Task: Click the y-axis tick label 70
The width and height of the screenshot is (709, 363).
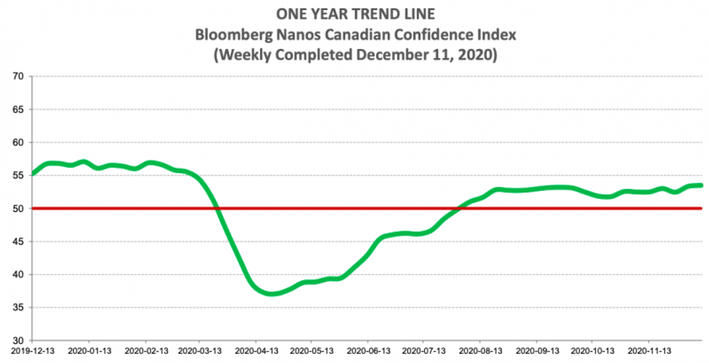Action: click(18, 76)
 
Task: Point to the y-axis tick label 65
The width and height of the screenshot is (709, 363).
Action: click(18, 109)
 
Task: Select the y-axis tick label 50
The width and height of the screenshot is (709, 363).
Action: click(18, 208)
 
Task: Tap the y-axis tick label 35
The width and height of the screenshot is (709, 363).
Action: click(18, 307)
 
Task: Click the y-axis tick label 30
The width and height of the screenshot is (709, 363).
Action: click(18, 340)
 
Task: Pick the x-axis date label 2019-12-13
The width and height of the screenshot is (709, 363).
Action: click(33, 352)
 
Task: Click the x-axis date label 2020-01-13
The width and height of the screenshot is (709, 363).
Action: click(89, 352)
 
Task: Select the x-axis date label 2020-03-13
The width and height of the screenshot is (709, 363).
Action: click(200, 352)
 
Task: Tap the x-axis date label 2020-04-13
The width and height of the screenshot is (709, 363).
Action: click(257, 352)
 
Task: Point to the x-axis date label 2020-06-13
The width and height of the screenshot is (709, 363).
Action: click(368, 352)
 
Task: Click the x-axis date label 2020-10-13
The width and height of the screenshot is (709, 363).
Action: click(592, 352)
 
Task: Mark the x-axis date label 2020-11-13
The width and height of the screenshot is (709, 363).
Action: click(648, 352)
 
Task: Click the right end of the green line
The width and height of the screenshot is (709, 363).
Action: click(701, 185)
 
